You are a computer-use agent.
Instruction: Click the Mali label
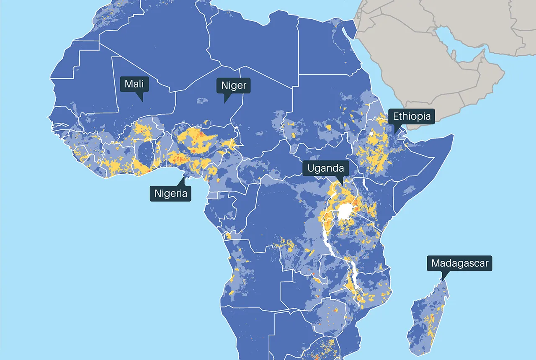tap(134, 84)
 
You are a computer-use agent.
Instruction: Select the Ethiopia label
tap(411, 116)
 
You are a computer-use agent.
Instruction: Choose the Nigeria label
tap(170, 194)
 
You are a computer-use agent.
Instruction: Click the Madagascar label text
tap(459, 263)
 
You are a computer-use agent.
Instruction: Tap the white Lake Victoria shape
tap(346, 212)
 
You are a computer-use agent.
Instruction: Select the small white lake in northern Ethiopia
tap(371, 134)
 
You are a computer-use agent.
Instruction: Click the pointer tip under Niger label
tap(225, 103)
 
